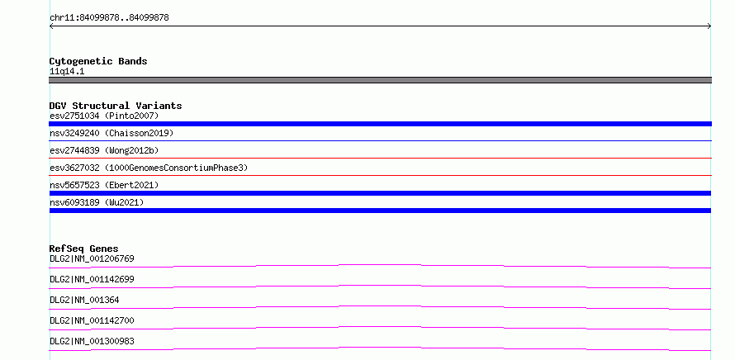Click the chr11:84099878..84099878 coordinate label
pos(109,18)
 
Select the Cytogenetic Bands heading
pos(98,61)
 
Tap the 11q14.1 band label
pos(67,72)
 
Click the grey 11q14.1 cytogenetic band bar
pos(380,80)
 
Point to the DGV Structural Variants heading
pos(116,106)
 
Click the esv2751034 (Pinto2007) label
pos(104,116)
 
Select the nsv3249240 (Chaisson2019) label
pos(111,133)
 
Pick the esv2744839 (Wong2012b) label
pos(104,150)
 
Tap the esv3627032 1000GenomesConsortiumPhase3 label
pos(149,168)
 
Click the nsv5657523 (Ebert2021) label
pos(104,185)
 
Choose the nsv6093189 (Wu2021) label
pos(97,202)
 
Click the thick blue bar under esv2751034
pos(380,124)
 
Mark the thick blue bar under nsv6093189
pos(380,211)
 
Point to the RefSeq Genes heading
pos(84,249)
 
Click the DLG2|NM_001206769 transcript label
pos(92,258)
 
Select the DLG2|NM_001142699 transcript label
pos(92,279)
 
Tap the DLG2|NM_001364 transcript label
pos(84,300)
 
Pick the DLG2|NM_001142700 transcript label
pos(92,320)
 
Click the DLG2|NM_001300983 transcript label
pos(92,341)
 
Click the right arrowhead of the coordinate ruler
pos(710,26)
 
